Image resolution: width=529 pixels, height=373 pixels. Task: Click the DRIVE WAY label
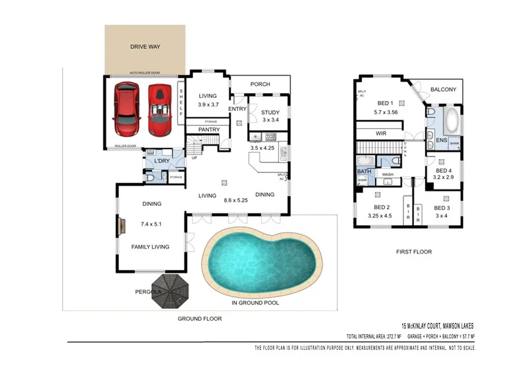point(145,47)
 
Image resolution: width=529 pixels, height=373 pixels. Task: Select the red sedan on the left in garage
point(126,108)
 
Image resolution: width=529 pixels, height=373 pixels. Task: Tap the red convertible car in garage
point(159,107)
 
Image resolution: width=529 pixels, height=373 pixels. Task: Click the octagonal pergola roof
point(169,292)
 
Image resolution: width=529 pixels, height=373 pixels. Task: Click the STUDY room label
point(271,112)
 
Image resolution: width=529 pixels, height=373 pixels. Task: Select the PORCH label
point(260,85)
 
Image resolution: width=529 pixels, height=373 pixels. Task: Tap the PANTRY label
point(209,130)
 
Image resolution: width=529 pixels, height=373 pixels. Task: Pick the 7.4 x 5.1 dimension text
point(151,224)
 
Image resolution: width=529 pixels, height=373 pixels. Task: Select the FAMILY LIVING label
point(151,247)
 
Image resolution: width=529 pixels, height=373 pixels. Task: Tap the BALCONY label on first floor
point(443,90)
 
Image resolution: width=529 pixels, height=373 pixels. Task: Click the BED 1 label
point(386,103)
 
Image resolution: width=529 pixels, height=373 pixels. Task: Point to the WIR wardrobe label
point(381,133)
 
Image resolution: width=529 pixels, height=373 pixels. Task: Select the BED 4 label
point(442,170)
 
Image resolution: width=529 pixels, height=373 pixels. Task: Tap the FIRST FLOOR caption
point(414,252)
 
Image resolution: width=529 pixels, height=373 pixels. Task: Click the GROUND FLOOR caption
point(199,318)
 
